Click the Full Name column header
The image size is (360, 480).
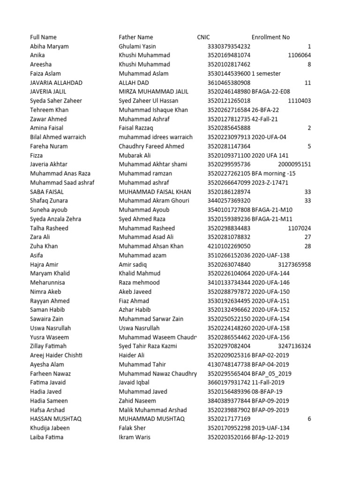tap(43, 37)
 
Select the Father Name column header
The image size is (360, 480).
tap(136, 37)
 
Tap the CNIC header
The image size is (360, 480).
tap(203, 37)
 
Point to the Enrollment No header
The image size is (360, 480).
tap(270, 37)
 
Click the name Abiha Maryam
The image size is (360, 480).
tap(49, 46)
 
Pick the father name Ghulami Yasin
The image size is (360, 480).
tap(137, 46)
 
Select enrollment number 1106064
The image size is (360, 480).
tap(299, 55)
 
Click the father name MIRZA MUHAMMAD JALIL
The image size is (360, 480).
tap(154, 92)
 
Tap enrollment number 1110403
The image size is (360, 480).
tap(299, 101)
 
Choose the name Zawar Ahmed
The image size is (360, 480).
tap(48, 119)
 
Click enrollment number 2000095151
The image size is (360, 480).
tap(294, 164)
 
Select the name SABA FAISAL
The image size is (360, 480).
tap(47, 192)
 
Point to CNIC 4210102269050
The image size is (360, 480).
tap(229, 246)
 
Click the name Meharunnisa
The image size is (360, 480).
tap(48, 283)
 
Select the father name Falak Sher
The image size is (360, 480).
tap(132, 428)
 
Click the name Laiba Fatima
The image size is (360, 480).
tap(47, 437)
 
